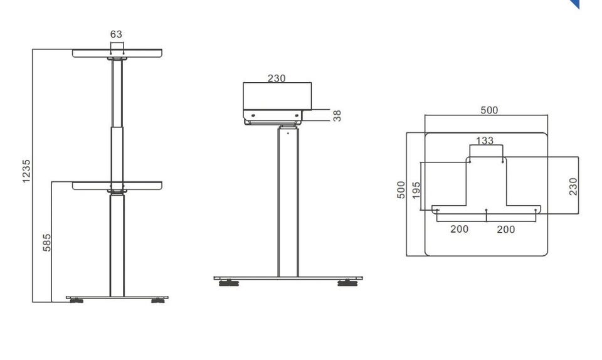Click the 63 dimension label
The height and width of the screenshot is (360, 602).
point(116,34)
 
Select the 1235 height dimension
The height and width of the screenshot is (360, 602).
point(26,171)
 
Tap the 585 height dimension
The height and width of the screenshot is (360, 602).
point(46,243)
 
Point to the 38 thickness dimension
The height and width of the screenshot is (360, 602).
point(337,115)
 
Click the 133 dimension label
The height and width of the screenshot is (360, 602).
point(485,140)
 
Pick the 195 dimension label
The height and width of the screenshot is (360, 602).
point(416,191)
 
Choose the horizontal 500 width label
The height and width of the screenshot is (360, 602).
point(489,110)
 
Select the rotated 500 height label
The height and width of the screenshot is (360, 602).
point(401,189)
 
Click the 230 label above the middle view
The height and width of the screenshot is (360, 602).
point(277,78)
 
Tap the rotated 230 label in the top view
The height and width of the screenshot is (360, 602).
point(573,186)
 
